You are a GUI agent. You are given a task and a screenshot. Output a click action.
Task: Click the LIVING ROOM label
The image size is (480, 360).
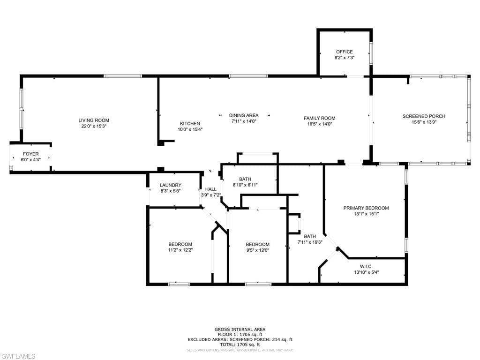(x=94, y=120)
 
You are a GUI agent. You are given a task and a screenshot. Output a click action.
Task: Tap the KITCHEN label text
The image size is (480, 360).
(x=190, y=123)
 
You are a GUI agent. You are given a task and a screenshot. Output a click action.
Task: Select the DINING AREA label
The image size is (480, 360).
(x=244, y=115)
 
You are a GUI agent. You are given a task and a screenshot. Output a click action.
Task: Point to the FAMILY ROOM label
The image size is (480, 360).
(x=320, y=118)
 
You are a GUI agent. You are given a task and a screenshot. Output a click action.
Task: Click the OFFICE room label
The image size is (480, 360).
(x=345, y=52)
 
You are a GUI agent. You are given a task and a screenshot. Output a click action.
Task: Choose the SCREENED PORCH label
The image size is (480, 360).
(x=424, y=116)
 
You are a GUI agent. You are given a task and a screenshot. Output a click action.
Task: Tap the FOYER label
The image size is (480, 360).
(x=30, y=154)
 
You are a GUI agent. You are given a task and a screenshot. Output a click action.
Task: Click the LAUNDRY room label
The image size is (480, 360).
(x=171, y=185)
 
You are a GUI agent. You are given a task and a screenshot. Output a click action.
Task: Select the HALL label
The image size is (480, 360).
(x=210, y=189)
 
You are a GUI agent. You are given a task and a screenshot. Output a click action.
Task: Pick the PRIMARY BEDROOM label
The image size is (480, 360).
(x=366, y=208)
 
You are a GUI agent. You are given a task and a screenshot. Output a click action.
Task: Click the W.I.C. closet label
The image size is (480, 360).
(x=366, y=267)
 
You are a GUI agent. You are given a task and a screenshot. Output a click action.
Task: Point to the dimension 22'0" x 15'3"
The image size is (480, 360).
(x=94, y=126)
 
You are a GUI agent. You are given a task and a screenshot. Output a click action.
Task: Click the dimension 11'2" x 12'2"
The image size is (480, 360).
(x=180, y=250)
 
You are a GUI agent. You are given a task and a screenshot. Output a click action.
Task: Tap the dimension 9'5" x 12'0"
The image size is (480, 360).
(x=257, y=250)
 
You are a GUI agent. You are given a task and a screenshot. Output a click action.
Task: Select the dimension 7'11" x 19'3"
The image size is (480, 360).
(x=310, y=242)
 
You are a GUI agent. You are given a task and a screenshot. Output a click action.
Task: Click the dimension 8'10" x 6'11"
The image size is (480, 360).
(x=245, y=185)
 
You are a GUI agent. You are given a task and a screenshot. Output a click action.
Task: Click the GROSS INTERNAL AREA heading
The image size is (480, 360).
(x=240, y=330)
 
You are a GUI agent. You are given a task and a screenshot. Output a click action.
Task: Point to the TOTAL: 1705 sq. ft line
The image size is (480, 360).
(x=240, y=345)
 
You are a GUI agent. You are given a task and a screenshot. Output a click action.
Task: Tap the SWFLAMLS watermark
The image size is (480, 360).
(x=18, y=356)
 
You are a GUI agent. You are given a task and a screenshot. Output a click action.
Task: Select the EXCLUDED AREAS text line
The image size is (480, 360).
(x=240, y=339)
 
